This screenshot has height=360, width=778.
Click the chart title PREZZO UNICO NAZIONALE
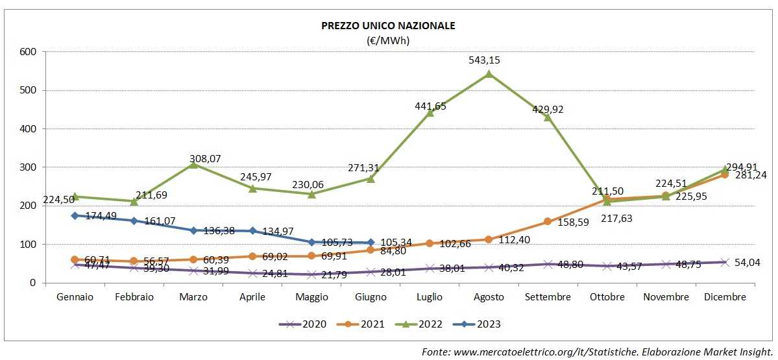389,26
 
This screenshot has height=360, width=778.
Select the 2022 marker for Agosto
489,73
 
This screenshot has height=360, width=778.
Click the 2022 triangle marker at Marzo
193,164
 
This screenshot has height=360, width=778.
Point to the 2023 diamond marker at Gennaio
75,215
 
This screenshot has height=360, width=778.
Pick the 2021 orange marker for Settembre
548,221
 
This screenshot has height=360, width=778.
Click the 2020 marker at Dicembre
725,261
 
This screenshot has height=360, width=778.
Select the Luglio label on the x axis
430,297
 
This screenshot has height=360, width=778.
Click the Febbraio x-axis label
134,297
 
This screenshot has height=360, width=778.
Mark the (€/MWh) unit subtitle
389,40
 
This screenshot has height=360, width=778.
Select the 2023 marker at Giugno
371,242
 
